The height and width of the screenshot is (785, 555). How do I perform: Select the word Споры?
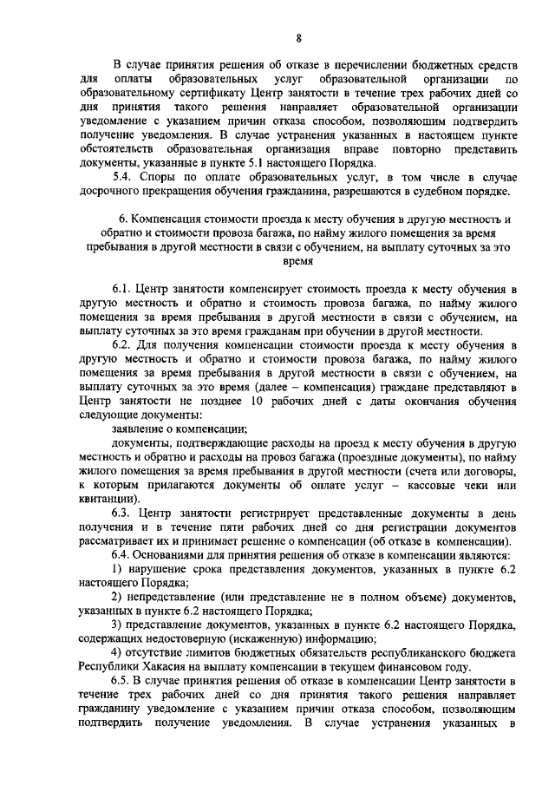pos(162,178)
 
